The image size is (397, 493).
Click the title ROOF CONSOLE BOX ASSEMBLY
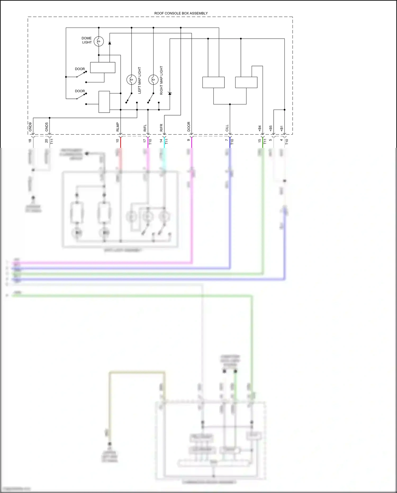[181, 13]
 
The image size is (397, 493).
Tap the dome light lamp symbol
[99, 41]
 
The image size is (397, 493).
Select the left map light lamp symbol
[131, 79]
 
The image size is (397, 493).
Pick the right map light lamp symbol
[153, 79]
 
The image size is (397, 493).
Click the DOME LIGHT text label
[87, 40]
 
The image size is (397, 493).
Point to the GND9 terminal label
[30, 127]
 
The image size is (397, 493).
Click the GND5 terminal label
[47, 127]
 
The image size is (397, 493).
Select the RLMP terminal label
[118, 127]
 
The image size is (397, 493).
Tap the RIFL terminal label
[145, 128]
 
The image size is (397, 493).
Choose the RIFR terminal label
[161, 128]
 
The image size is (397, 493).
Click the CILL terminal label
[227, 128]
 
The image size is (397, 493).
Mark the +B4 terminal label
[260, 128]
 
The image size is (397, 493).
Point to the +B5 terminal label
[270, 128]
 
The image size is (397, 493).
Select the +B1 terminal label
[282, 128]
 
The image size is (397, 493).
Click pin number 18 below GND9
[30, 141]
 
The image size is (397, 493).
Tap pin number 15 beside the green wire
[260, 141]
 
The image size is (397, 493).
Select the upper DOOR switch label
[80, 69]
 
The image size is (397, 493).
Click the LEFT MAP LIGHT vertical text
[139, 80]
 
